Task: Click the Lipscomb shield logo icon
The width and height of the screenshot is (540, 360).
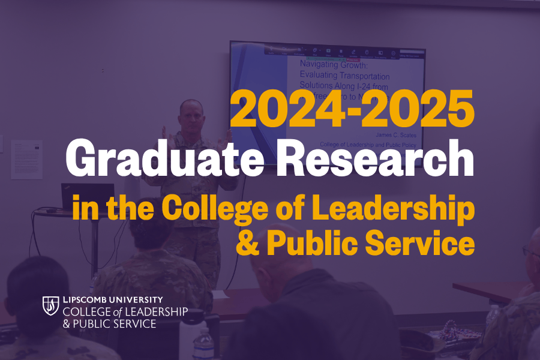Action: pos(50,305)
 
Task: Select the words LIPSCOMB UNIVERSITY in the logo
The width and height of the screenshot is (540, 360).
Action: pos(112,299)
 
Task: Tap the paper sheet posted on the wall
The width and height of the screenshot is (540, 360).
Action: pos(26,158)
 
